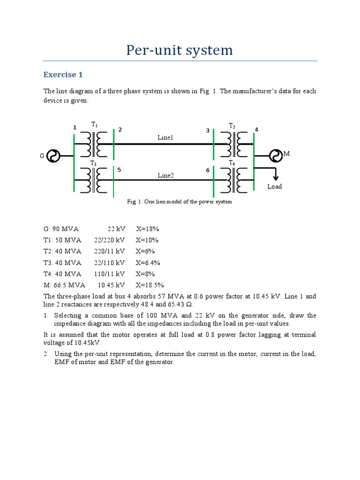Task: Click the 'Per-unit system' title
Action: [180, 50]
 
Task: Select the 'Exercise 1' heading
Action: [63, 75]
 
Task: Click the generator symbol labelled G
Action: [53, 156]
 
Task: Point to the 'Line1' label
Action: [165, 137]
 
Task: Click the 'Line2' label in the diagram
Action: [165, 175]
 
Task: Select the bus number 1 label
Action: [74, 127]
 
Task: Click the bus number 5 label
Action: [119, 170]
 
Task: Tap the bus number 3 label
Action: [208, 131]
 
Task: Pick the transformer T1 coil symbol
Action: [94, 144]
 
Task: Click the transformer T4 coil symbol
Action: [234, 180]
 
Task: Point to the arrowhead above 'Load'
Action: [276, 177]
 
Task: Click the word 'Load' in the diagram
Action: [275, 187]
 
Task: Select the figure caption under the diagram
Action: [180, 202]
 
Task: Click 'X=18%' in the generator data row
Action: [148, 229]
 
